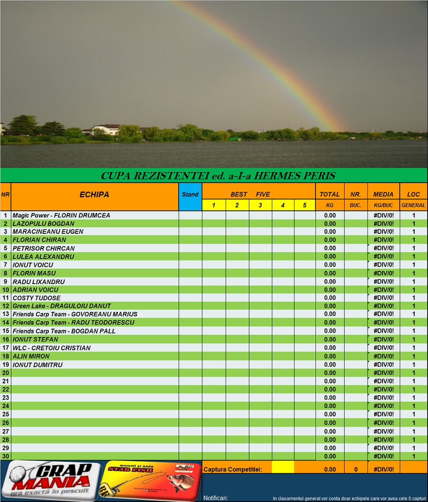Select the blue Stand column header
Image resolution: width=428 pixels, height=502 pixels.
[x=190, y=195]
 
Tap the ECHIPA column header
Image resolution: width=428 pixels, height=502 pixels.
[x=94, y=195]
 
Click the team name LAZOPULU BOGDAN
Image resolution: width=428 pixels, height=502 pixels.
[x=43, y=224]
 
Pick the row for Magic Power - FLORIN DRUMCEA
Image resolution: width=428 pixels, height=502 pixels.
[x=61, y=215]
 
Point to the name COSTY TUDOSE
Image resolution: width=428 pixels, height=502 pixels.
[x=36, y=298]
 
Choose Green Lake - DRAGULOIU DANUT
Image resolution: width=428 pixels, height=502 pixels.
[x=62, y=306]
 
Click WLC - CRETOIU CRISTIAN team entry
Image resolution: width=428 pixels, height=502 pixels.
[x=51, y=348]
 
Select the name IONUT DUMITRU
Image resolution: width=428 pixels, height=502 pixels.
[x=38, y=365]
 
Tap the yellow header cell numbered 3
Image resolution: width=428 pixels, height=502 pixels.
[x=260, y=205]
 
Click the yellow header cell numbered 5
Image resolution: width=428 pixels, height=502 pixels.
[x=304, y=205]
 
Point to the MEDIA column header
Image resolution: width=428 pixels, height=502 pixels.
[x=383, y=195]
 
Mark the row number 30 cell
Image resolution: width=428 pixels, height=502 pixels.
[x=6, y=456]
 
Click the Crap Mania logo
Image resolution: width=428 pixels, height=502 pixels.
[x=50, y=480]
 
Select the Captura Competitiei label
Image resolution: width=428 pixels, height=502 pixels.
[x=233, y=469]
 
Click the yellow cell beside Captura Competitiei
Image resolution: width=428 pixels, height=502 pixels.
[x=283, y=467]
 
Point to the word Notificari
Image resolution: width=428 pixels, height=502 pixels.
[x=216, y=498]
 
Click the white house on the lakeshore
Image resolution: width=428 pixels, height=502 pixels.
[x=106, y=130]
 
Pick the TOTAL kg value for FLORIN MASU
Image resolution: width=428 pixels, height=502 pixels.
[x=330, y=273]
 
